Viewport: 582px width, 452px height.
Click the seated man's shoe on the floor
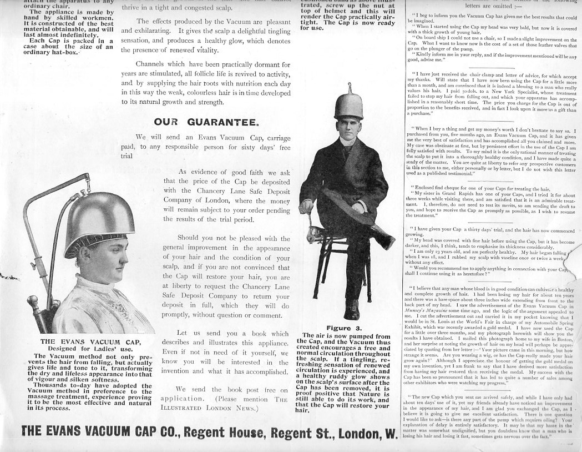(351, 310)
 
